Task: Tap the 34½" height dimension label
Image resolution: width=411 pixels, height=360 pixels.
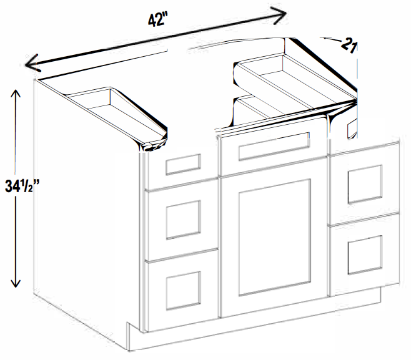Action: pos(22,187)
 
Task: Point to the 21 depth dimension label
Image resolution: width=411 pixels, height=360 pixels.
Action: pos(349,45)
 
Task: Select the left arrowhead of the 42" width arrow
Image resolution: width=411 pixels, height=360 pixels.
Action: pos(32,63)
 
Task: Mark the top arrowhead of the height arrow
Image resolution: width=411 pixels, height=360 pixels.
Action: pos(16,94)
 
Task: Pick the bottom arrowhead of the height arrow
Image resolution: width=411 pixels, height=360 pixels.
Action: pos(16,283)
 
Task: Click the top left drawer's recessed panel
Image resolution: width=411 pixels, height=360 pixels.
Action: pos(183,165)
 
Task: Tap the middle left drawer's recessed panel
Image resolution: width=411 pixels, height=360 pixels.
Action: pos(184,220)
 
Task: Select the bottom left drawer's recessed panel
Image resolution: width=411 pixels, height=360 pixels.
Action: pos(184,290)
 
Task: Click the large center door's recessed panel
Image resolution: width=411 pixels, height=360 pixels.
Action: pos(275,237)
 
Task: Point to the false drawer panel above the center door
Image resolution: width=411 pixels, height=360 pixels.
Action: pos(274,146)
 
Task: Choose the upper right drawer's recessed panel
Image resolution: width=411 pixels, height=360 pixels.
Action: pos(365,184)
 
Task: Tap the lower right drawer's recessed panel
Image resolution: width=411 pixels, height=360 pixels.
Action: pos(365,255)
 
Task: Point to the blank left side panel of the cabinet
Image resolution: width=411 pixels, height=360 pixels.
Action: pos(86,210)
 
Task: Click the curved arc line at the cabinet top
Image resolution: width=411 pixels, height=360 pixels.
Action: pos(236,41)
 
